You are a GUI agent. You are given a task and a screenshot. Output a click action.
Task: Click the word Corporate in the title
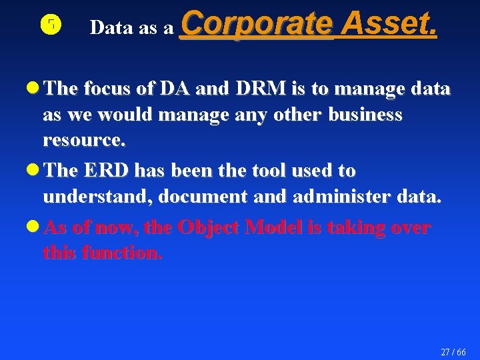pos(256,25)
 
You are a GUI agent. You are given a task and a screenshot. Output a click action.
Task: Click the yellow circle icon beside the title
pos(51,26)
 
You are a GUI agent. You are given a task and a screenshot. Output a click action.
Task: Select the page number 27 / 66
pos(453,351)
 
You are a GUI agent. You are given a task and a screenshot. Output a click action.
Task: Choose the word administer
pos(347,197)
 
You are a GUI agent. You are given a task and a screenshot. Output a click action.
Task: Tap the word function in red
pos(122,253)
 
